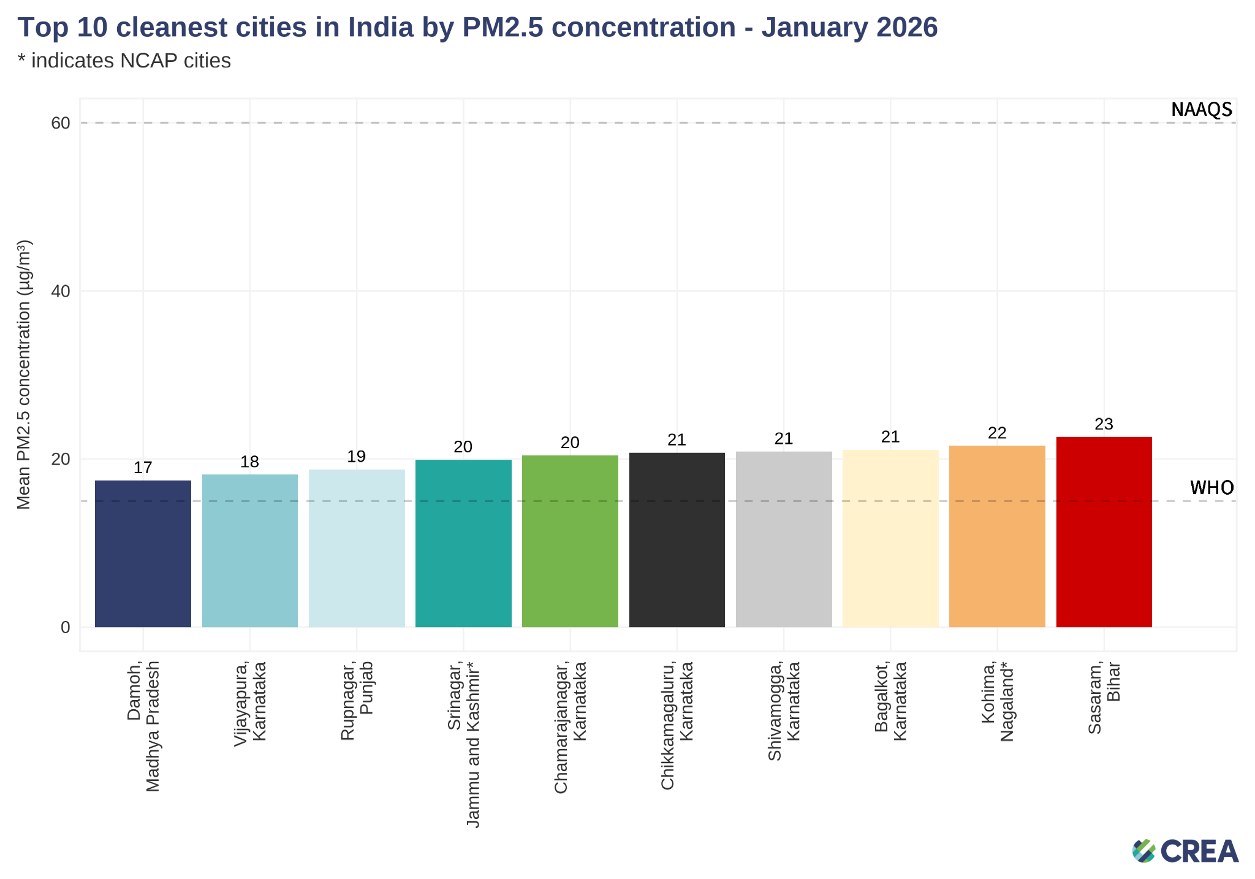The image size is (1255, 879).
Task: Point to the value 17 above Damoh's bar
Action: (x=143, y=468)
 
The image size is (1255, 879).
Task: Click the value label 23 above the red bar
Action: (x=1104, y=424)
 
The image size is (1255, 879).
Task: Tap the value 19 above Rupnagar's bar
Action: (x=356, y=457)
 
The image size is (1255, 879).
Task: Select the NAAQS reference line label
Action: (x=1201, y=110)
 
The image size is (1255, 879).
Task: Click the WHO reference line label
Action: (x=1211, y=488)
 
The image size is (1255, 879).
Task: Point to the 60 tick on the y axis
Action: (x=60, y=123)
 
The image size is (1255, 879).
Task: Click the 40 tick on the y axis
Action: (x=60, y=291)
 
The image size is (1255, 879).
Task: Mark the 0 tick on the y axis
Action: (x=65, y=627)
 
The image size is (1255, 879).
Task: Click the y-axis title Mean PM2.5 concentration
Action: (x=24, y=374)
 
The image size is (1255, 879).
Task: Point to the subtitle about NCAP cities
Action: (x=124, y=61)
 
